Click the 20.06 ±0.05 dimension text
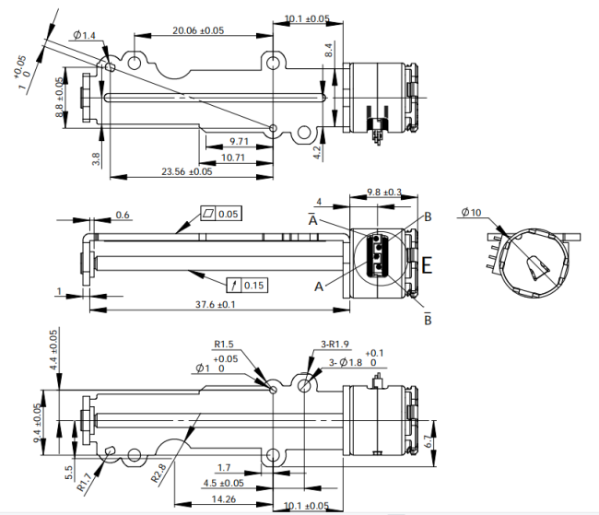click(x=198, y=30)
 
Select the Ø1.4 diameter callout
click(x=84, y=36)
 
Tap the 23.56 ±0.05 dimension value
click(x=186, y=171)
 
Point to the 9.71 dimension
click(x=239, y=141)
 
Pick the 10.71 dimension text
click(x=232, y=158)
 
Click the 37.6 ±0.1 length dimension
click(x=216, y=305)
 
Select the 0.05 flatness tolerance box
click(x=221, y=214)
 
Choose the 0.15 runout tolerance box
click(x=247, y=285)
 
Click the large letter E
click(x=427, y=265)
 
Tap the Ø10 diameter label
click(x=472, y=212)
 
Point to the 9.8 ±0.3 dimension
click(x=384, y=192)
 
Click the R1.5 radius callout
click(x=224, y=344)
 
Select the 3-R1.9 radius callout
click(x=335, y=345)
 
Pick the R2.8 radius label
click(x=159, y=474)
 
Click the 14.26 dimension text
click(x=224, y=499)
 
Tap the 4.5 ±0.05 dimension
click(x=224, y=484)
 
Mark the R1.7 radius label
click(x=84, y=482)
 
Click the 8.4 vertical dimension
click(x=329, y=50)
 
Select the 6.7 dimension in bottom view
click(x=429, y=442)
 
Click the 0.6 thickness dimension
click(x=123, y=215)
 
